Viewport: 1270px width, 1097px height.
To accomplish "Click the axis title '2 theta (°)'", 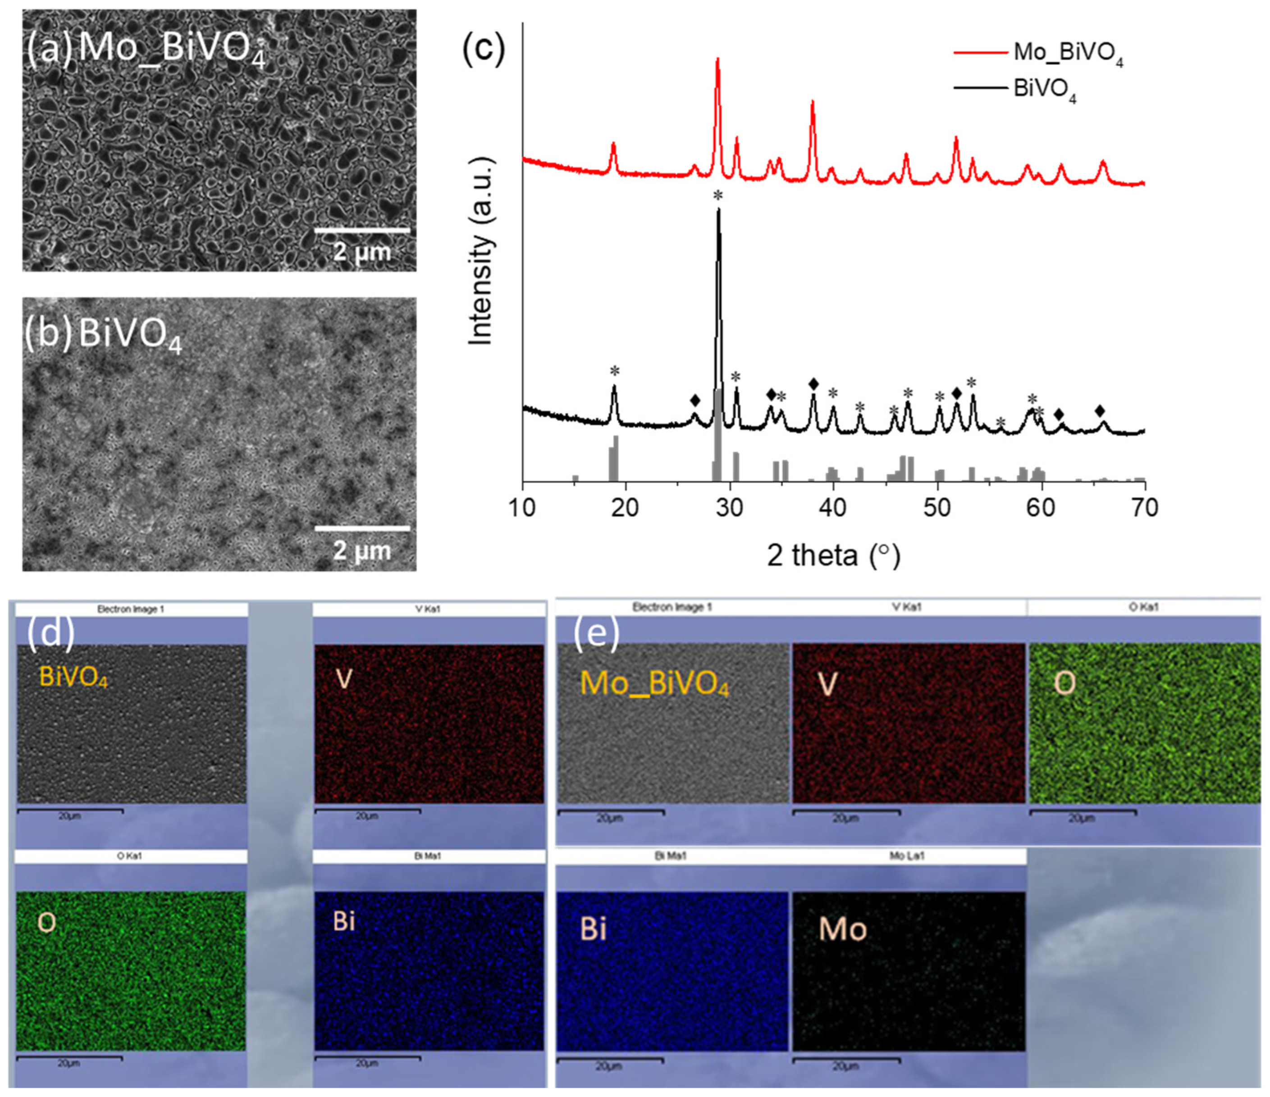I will click(x=834, y=555).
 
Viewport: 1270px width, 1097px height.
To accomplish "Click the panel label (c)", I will click(x=484, y=48).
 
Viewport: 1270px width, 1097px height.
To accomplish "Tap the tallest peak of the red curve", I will click(x=718, y=60).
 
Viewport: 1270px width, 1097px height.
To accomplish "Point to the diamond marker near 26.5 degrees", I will click(x=694, y=400).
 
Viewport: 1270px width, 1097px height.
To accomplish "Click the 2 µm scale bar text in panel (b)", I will click(x=361, y=551).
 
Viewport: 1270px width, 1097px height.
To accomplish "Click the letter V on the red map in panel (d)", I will click(x=344, y=678).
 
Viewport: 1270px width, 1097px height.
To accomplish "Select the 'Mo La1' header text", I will click(x=906, y=856).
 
